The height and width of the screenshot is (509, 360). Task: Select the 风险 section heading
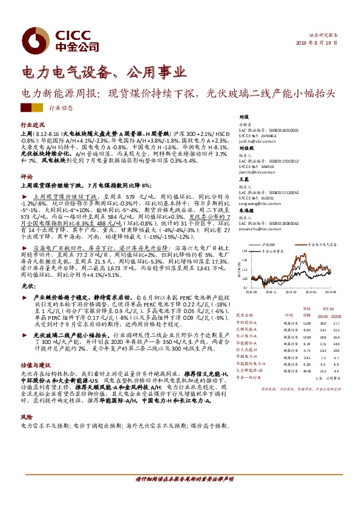click(x=27, y=417)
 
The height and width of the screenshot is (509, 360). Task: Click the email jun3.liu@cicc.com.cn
click(x=258, y=140)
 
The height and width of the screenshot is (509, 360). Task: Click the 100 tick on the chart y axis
click(x=243, y=279)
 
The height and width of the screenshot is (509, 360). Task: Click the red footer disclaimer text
click(x=180, y=479)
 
